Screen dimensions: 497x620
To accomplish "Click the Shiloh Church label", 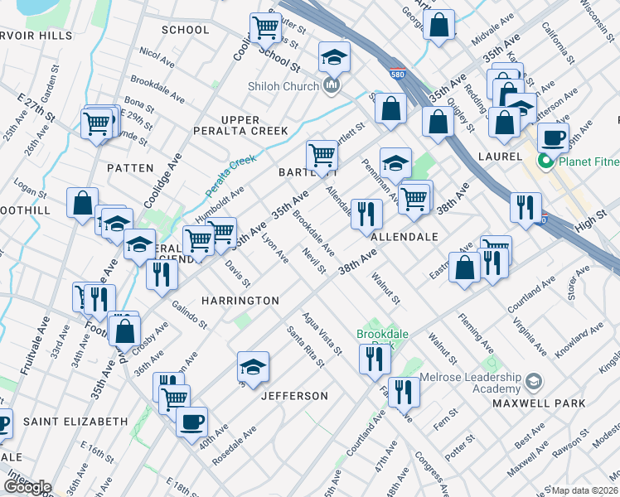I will (283, 86).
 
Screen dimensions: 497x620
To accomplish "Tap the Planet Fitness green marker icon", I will (545, 162).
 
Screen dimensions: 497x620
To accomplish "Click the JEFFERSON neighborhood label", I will (294, 397).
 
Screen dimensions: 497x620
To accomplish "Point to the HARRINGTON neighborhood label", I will (238, 300).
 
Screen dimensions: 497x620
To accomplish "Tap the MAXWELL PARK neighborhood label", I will (538, 403).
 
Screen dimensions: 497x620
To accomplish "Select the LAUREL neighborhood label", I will (500, 155).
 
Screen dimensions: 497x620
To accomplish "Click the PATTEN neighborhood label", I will (130, 168).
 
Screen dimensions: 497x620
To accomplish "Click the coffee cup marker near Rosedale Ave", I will (192, 421).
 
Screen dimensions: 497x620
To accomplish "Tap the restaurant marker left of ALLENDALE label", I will (366, 213).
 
